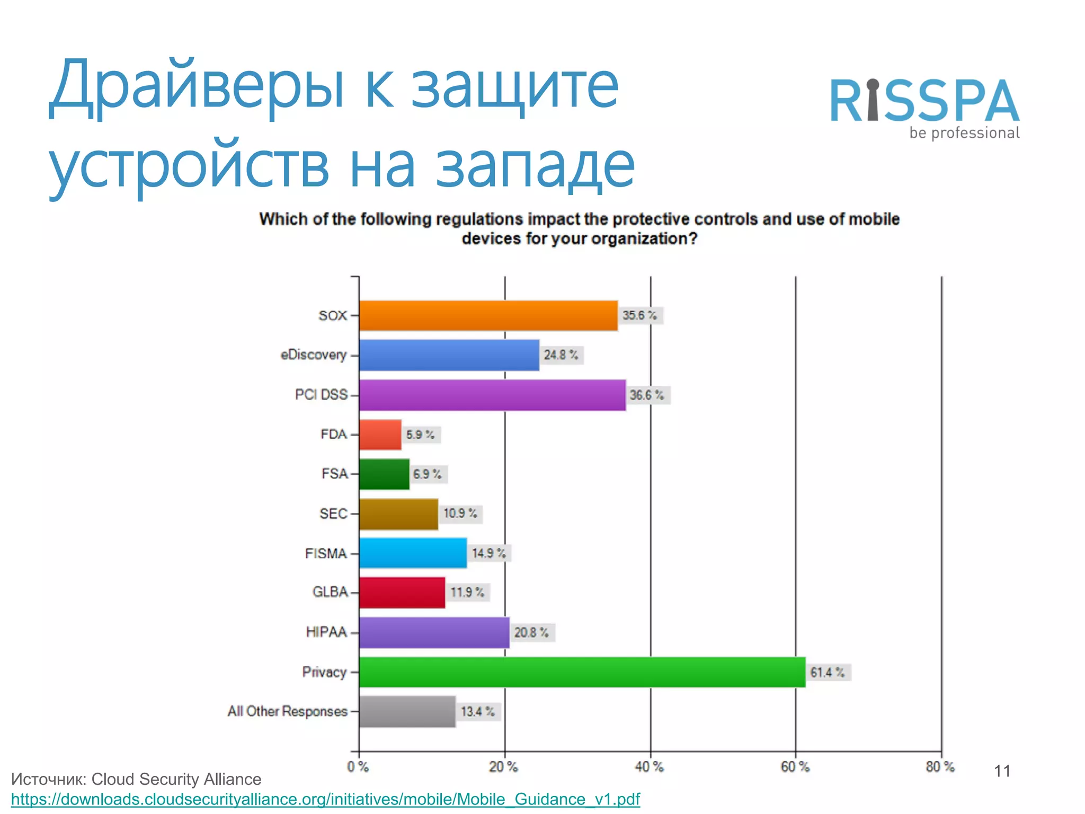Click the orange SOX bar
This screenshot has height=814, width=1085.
coord(488,316)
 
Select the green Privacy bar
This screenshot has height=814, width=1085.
coord(582,672)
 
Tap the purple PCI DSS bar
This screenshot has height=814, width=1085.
coord(492,395)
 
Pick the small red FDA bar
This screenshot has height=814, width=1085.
coord(380,435)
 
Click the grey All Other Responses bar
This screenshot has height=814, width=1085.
coord(407,712)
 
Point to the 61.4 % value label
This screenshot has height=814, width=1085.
coord(828,673)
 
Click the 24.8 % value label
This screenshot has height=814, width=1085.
coord(561,355)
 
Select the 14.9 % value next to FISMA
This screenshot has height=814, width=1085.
coord(488,553)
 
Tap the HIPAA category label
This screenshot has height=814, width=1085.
coord(326,632)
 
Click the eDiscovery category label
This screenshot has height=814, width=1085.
coord(314,355)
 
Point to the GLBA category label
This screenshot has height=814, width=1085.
coord(330,592)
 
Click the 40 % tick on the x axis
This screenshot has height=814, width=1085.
coord(650,767)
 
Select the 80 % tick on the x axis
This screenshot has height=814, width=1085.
coord(940,767)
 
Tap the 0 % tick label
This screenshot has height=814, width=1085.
coord(358,767)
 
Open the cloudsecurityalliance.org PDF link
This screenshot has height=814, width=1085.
coord(325,799)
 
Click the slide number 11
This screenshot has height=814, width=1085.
coord(1002,771)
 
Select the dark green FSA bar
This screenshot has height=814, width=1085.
coord(384,474)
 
